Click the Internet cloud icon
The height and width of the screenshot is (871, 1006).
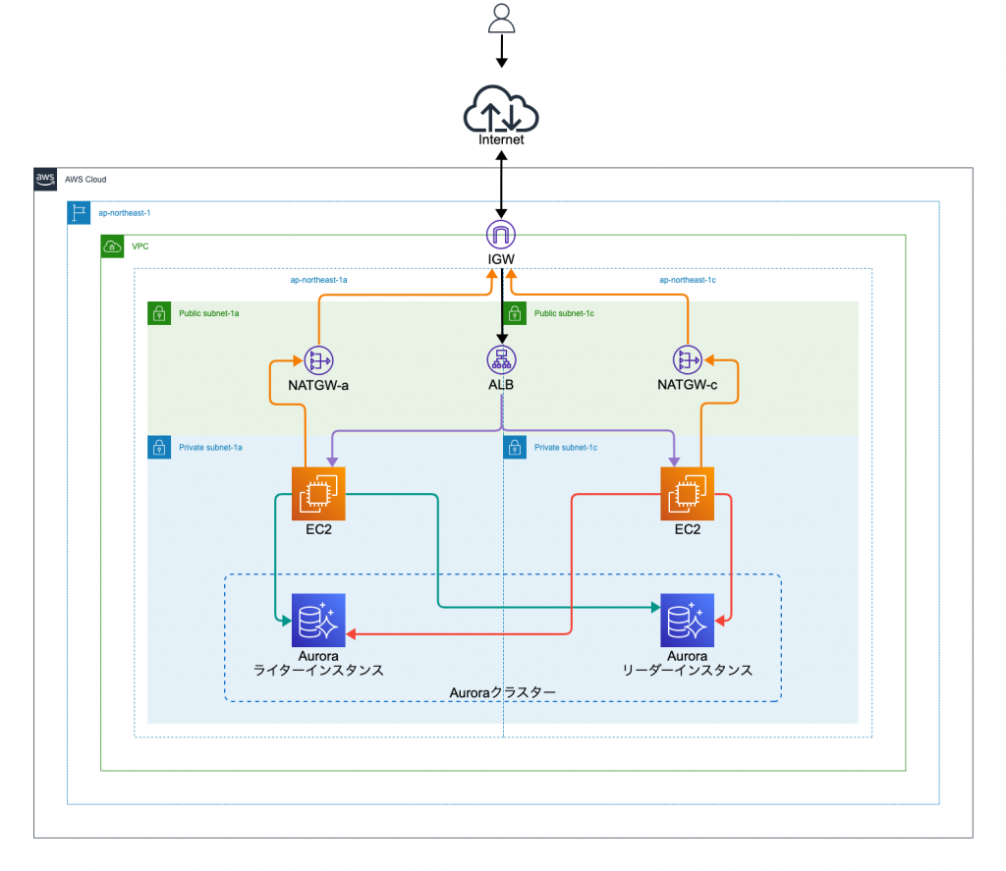click(x=501, y=107)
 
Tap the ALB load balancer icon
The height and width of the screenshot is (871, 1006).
click(x=501, y=359)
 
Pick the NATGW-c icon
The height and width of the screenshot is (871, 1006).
click(x=687, y=360)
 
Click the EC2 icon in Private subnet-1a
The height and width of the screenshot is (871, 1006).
click(x=319, y=494)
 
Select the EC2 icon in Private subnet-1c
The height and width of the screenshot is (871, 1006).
click(x=687, y=494)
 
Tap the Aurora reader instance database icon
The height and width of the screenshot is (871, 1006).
click(x=687, y=620)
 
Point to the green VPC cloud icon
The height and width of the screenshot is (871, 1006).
click(x=113, y=246)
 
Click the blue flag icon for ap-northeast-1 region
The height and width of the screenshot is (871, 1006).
click(x=80, y=213)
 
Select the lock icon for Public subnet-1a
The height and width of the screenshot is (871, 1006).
click(x=158, y=313)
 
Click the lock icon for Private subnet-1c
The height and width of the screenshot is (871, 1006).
click(x=514, y=448)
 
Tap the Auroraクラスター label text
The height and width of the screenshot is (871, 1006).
click(x=502, y=692)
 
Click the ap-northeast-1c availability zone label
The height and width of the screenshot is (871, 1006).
click(x=688, y=280)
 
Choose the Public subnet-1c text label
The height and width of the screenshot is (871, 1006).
click(x=564, y=313)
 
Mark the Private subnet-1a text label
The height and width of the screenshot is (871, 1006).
click(x=210, y=448)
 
